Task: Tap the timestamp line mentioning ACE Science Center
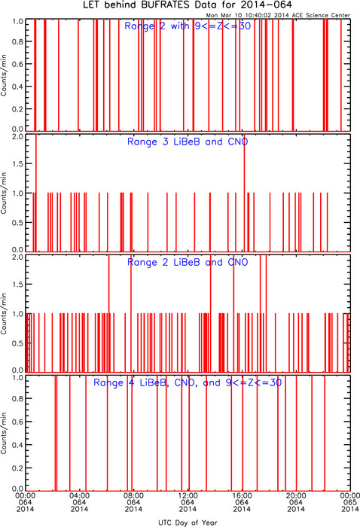(278, 16)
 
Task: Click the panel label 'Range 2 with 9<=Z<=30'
(188, 26)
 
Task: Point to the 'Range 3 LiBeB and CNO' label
(188, 142)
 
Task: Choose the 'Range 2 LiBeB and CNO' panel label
(188, 262)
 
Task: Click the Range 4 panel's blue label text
(188, 382)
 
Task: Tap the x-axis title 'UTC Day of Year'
(188, 522)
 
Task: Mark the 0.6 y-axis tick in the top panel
(17, 64)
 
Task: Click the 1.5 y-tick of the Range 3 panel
(17, 163)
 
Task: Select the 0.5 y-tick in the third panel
(17, 343)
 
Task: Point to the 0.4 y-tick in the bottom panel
(17, 445)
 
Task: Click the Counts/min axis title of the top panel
(4, 75)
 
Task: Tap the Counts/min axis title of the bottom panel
(4, 433)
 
